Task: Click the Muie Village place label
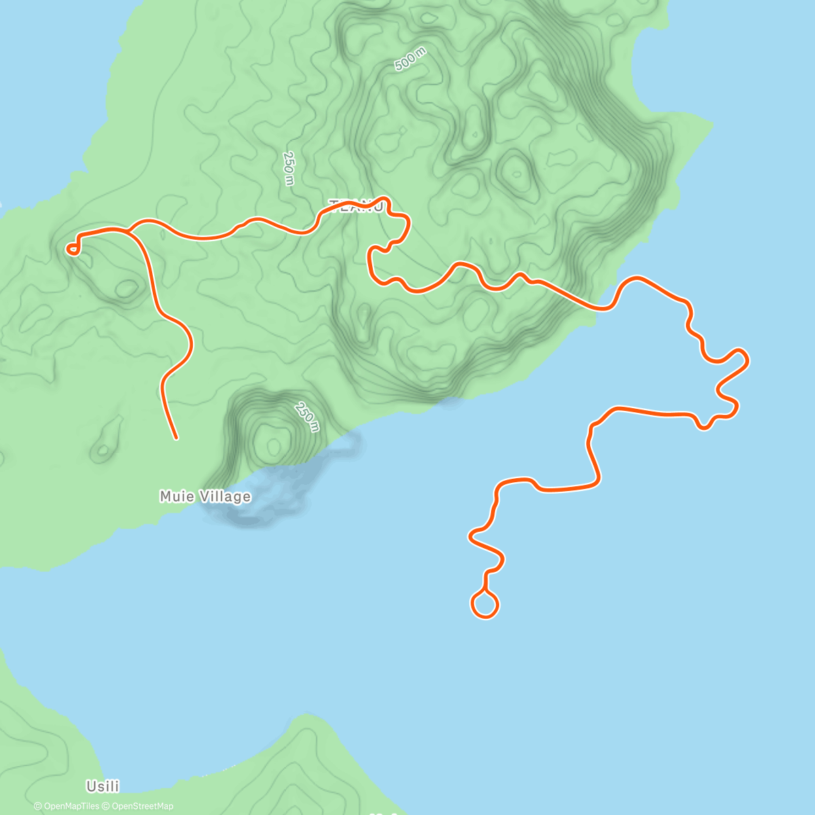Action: point(205,496)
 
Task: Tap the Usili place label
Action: point(103,786)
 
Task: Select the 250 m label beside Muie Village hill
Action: point(307,416)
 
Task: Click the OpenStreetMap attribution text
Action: point(142,806)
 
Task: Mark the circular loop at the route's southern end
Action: point(485,604)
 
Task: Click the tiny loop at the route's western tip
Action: point(72,250)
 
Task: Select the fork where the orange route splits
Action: point(129,232)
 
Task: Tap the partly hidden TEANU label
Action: point(356,206)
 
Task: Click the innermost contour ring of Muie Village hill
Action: point(273,446)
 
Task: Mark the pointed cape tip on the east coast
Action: point(712,124)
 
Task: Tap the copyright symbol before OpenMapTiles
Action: point(38,806)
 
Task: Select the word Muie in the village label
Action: point(173,496)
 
